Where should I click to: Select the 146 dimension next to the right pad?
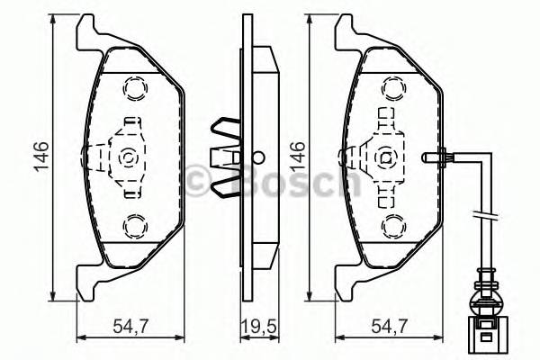(298, 156)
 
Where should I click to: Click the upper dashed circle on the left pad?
(134, 88)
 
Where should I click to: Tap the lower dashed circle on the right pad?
(393, 224)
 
